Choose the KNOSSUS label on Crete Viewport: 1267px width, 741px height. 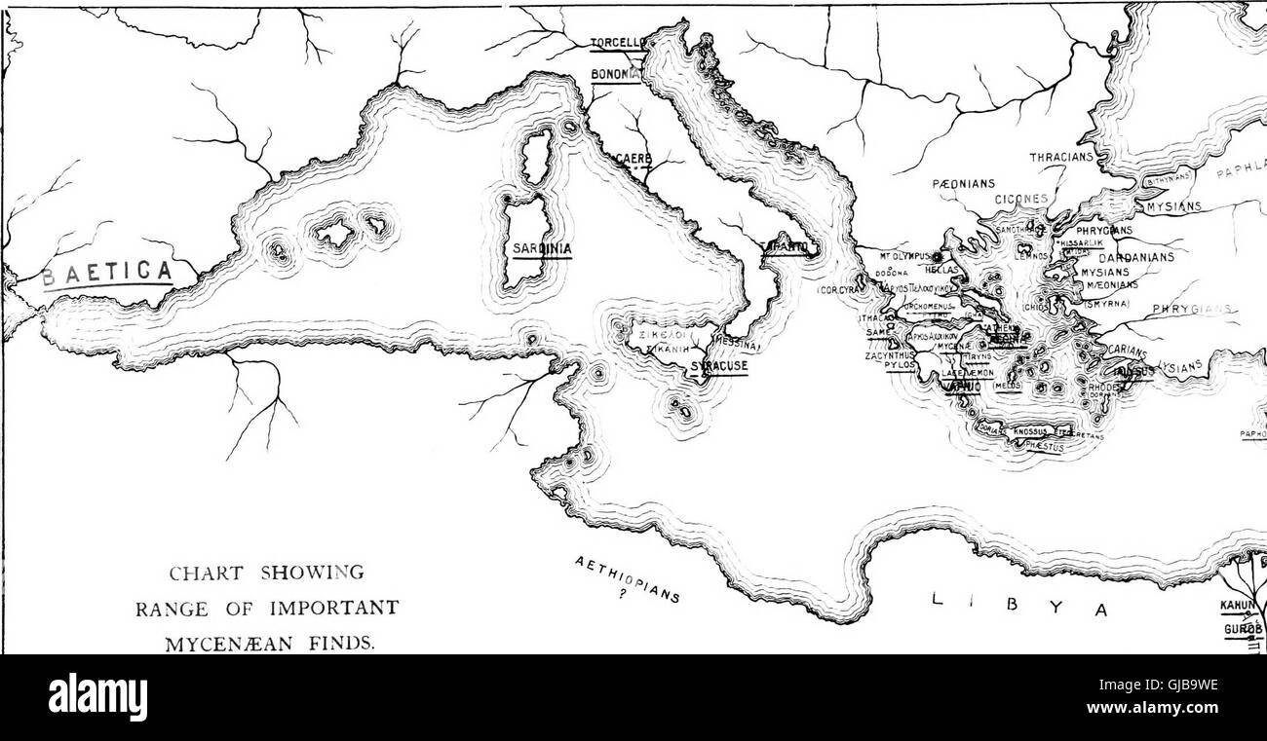[x=1034, y=430]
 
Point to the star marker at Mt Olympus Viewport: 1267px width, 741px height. [x=938, y=257]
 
